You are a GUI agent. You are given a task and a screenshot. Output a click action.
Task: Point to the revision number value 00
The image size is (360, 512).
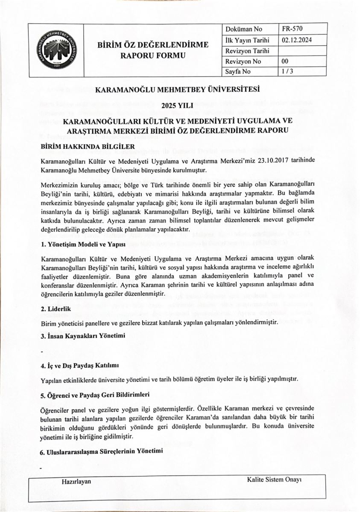(x=285, y=61)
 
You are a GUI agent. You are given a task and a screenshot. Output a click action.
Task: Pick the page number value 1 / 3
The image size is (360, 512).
(x=287, y=72)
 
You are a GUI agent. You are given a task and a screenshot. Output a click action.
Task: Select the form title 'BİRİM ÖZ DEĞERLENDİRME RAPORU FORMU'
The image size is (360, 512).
(x=153, y=50)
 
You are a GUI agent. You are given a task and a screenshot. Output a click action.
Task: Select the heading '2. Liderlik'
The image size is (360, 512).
(x=56, y=308)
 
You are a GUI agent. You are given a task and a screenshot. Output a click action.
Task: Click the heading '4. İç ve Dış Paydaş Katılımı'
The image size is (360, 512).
(x=79, y=366)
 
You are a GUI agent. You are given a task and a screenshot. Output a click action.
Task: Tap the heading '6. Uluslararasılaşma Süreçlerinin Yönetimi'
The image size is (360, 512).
(x=102, y=451)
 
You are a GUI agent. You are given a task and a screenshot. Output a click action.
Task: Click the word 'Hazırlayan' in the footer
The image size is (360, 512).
(x=76, y=481)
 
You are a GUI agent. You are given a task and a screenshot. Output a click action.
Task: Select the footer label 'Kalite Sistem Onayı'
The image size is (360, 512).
(x=274, y=480)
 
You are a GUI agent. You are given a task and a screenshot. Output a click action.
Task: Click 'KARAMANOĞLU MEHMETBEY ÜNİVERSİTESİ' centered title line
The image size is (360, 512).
(x=177, y=90)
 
